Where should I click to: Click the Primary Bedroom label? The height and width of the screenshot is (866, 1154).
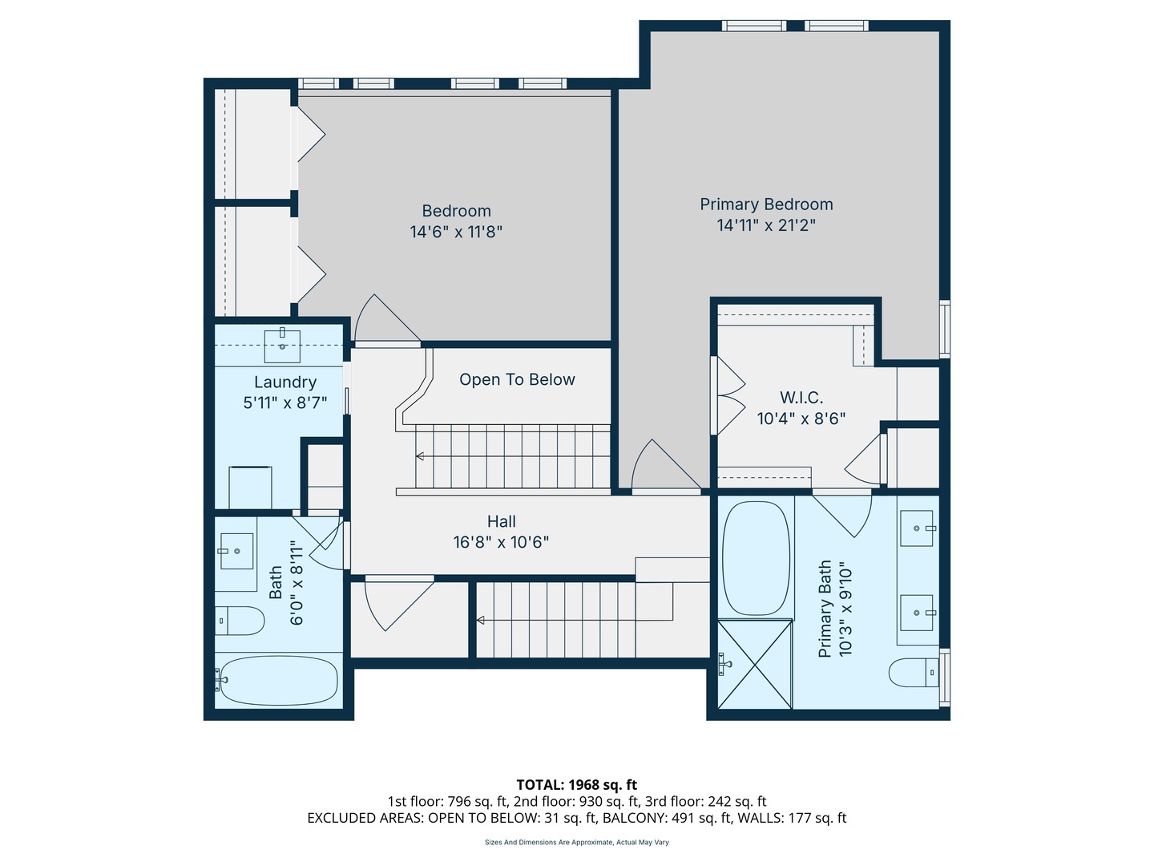click(x=766, y=204)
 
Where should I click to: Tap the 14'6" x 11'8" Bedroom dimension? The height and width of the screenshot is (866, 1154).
click(x=456, y=232)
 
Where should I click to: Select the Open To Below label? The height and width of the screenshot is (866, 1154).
click(x=517, y=379)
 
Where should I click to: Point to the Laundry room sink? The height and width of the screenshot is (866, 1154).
click(x=282, y=346)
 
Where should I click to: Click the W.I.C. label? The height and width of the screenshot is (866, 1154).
click(x=801, y=398)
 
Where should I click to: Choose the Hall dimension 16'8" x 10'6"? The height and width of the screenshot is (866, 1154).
click(x=501, y=542)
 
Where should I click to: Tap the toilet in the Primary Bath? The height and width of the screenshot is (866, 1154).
click(x=914, y=673)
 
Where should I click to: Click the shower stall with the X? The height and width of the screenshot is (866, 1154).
click(x=754, y=664)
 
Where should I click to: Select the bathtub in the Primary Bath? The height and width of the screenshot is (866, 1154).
click(x=756, y=558)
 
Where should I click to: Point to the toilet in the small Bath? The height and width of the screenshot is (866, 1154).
click(x=239, y=621)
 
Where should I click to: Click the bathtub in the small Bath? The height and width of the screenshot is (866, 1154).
click(x=278, y=680)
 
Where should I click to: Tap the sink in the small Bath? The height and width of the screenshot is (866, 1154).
click(x=236, y=551)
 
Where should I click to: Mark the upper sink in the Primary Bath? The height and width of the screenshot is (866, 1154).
click(x=917, y=528)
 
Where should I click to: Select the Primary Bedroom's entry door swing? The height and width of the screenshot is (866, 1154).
click(x=666, y=465)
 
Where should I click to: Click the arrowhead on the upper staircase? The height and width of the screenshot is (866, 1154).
click(x=420, y=456)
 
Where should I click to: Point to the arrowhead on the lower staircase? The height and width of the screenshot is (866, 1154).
click(x=480, y=621)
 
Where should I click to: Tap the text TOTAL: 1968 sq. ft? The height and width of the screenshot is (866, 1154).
click(x=577, y=785)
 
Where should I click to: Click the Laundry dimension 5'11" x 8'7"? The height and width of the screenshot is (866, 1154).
click(x=285, y=403)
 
